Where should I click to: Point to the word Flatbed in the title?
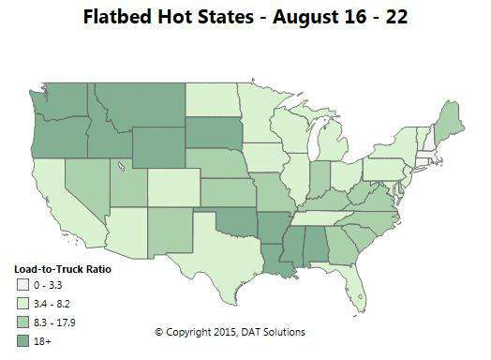click(x=123, y=18)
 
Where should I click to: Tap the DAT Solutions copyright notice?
click(x=230, y=333)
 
